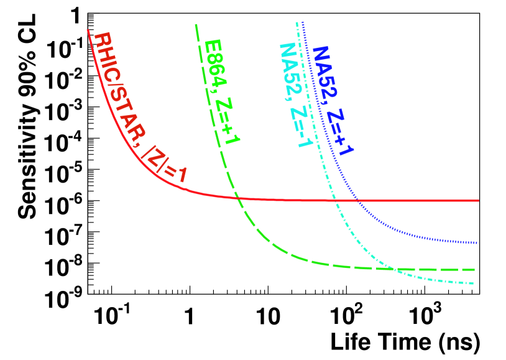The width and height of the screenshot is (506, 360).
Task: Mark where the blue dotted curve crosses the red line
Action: tap(358, 200)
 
